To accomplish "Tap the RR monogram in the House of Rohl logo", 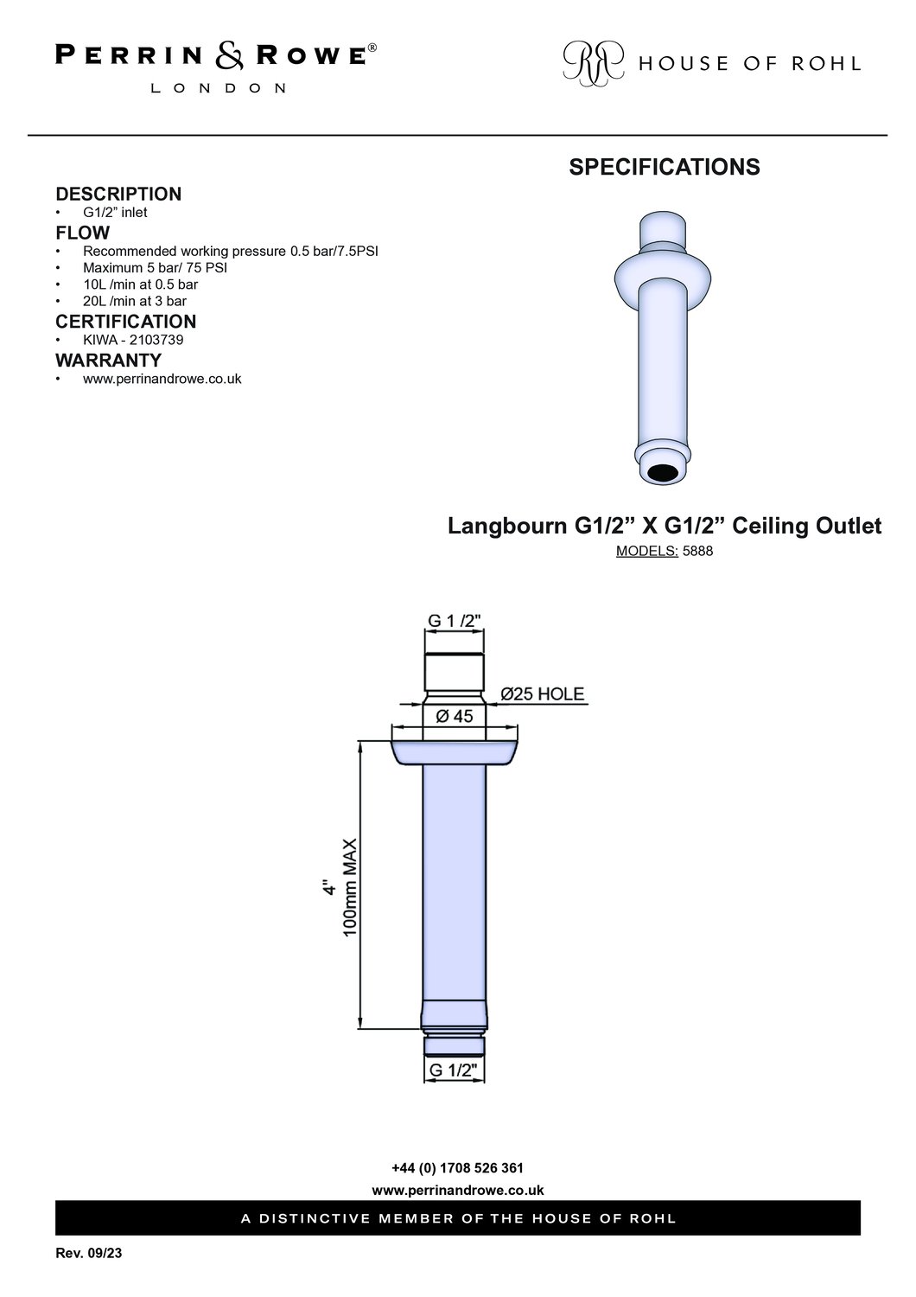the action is tap(594, 63).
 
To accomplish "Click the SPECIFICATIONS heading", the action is tap(665, 167).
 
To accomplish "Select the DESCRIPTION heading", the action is tap(118, 194).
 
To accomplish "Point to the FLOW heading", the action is tap(83, 233).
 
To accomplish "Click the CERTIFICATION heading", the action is tap(126, 322).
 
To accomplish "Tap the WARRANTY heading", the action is tap(109, 361).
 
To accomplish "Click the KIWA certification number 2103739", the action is tap(156, 340).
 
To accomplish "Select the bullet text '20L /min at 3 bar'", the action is tap(135, 301).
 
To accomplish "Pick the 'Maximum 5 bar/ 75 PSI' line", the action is tap(155, 268).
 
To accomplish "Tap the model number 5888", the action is tap(698, 552).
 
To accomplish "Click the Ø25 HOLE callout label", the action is tap(542, 693).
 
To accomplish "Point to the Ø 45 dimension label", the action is tap(455, 716).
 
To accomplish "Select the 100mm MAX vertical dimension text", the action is tap(350, 888).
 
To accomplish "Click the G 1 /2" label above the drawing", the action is tap(455, 621).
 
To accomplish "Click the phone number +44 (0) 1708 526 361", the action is tap(458, 1168).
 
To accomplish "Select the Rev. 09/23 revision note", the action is tap(88, 1254).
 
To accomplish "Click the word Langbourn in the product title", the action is tap(507, 527).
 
